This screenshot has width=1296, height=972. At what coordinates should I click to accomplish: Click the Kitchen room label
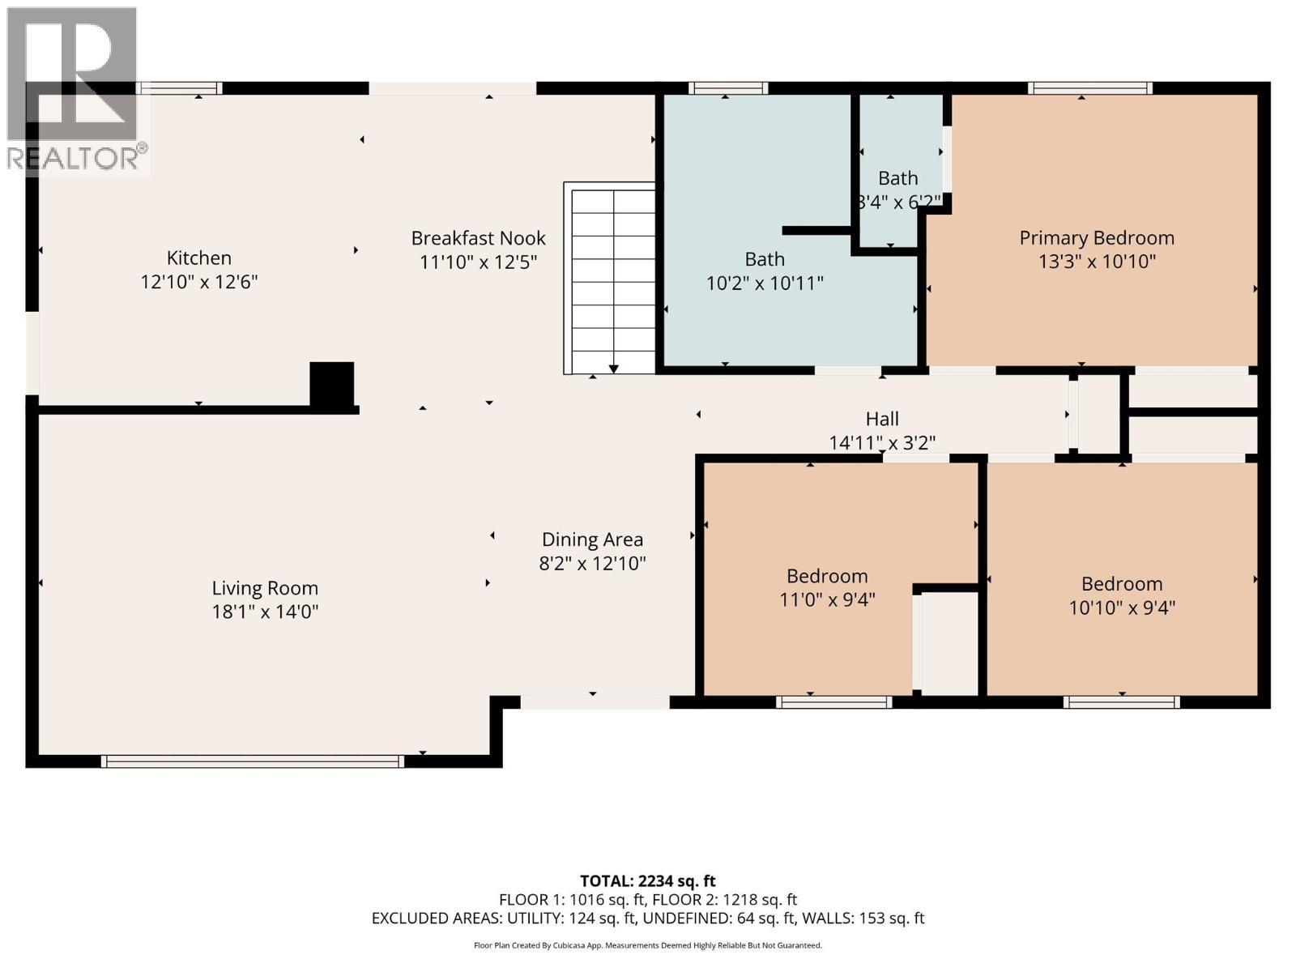pyautogui.click(x=198, y=258)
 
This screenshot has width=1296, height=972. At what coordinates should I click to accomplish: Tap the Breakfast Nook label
pyautogui.click(x=478, y=238)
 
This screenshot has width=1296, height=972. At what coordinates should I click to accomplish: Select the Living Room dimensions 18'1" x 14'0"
pyautogui.click(x=265, y=612)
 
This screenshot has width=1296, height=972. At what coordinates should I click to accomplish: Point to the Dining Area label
pyautogui.click(x=592, y=539)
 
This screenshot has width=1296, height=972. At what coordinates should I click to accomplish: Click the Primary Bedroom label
pyautogui.click(x=1096, y=238)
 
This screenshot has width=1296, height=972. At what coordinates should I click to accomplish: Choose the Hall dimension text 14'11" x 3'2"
pyautogui.click(x=882, y=443)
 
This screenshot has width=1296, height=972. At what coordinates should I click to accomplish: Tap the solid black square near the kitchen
pyautogui.click(x=332, y=384)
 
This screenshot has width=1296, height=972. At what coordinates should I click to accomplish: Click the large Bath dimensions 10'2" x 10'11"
pyautogui.click(x=765, y=283)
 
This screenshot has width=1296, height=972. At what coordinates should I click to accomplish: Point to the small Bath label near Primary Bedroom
pyautogui.click(x=897, y=178)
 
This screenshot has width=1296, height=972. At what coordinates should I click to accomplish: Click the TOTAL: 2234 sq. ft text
pyautogui.click(x=647, y=881)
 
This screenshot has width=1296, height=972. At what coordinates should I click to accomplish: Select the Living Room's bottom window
pyautogui.click(x=252, y=761)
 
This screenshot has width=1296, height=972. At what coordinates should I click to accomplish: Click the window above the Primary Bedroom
pyautogui.click(x=1090, y=88)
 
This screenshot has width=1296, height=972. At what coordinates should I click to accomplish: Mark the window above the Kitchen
pyautogui.click(x=179, y=88)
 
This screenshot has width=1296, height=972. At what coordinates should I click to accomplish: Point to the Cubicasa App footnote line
pyautogui.click(x=647, y=945)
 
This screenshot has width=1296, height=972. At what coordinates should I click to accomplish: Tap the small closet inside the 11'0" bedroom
pyautogui.click(x=949, y=644)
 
